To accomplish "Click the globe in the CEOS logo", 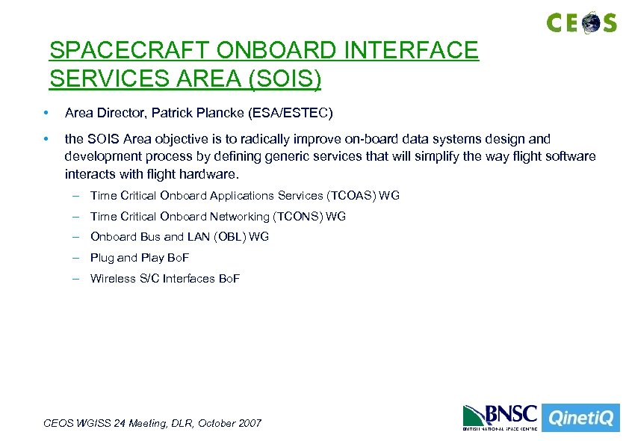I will tap(591, 22).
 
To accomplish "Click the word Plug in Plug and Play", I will tap(102, 258).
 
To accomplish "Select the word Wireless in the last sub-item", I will tap(110, 279).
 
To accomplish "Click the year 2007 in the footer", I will tap(249, 423).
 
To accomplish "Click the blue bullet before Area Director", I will tap(46, 114).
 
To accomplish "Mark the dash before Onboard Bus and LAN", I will tap(76, 237).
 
